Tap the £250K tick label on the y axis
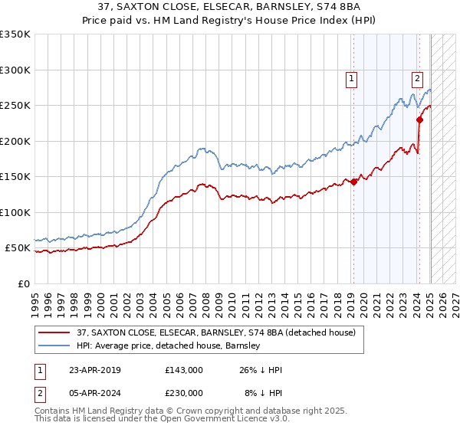click(15, 106)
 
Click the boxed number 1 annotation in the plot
click(351, 77)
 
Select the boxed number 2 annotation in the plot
click(417, 77)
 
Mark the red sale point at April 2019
click(353, 182)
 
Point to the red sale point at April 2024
click(419, 120)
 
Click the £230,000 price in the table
click(183, 393)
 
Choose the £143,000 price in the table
click(183, 370)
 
